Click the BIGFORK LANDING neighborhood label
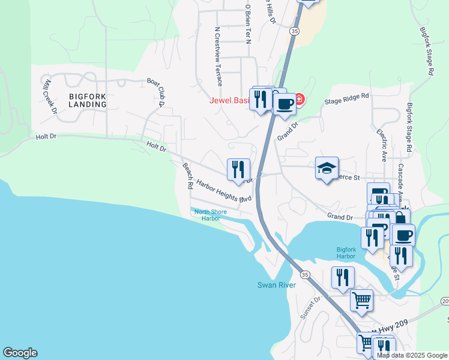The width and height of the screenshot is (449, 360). [x=87, y=100]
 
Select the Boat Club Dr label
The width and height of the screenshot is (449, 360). [x=155, y=91]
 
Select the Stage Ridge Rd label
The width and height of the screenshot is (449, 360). [x=346, y=98]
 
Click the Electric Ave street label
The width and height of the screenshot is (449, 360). [x=382, y=144]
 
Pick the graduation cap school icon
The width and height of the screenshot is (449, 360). [x=327, y=169]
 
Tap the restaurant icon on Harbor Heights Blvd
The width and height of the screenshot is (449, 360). [x=238, y=169]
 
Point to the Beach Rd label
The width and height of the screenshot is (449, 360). [x=187, y=175]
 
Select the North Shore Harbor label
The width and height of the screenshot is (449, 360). [x=206, y=215]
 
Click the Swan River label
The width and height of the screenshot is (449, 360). [x=276, y=285]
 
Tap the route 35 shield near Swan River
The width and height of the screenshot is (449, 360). [x=306, y=274]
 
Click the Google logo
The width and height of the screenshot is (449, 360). [x=20, y=353]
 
